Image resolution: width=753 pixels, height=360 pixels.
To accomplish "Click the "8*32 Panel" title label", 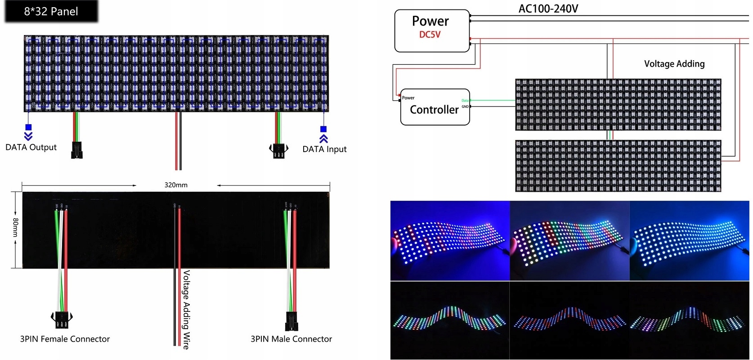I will [x=51, y=12].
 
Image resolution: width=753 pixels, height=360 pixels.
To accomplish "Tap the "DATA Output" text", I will [x=31, y=147].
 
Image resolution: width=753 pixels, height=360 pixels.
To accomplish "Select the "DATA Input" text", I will [x=324, y=149].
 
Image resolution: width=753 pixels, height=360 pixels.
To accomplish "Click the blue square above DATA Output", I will [x=28, y=127].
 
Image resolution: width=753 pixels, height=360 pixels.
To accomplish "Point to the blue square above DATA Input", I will [x=323, y=129].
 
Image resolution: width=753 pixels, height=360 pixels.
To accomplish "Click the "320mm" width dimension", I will [x=176, y=185].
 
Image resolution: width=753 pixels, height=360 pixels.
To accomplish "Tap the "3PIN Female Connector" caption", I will [x=65, y=339].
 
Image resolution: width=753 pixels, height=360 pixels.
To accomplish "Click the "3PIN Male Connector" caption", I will [x=291, y=339].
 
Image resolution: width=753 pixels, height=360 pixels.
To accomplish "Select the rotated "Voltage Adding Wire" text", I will [x=186, y=310].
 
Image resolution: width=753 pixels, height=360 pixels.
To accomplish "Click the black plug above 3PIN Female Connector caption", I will [x=62, y=320].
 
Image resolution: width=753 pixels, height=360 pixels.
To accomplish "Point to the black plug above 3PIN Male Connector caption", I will [x=291, y=321].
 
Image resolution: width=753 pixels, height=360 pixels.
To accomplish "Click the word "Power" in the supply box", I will [x=430, y=21].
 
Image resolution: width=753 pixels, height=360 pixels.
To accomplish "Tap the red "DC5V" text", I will [x=430, y=35].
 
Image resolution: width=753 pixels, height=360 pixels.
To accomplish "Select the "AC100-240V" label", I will [x=548, y=9].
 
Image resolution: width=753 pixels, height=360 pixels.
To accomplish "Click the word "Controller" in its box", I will [x=434, y=110].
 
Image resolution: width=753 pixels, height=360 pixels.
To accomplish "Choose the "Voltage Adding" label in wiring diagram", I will [x=674, y=64].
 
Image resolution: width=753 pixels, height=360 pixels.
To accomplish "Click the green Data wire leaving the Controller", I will [x=493, y=100].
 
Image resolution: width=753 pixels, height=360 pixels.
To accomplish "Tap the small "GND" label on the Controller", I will [x=465, y=107].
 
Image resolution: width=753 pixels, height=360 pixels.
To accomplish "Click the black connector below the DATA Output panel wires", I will [x=77, y=150].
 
